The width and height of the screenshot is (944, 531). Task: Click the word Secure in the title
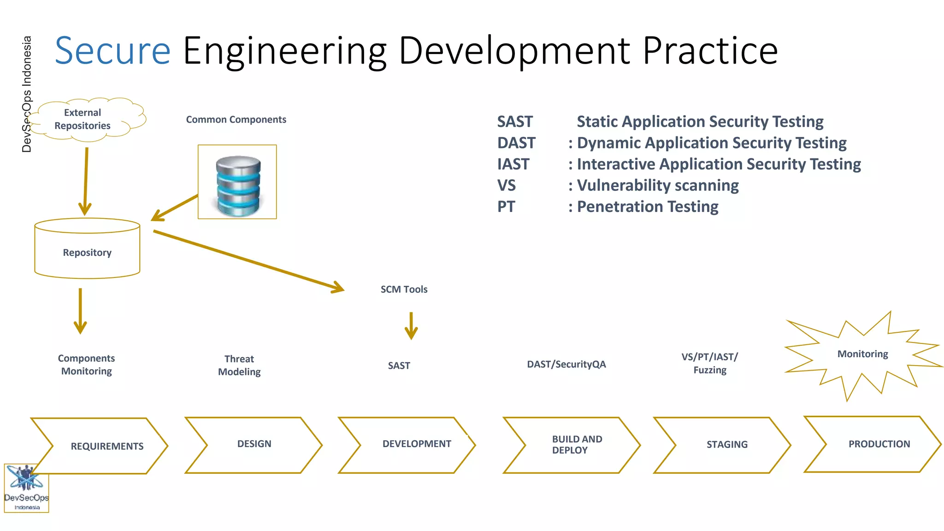click(112, 51)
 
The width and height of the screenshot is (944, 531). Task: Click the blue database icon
click(238, 184)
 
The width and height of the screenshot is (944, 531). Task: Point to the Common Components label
click(236, 120)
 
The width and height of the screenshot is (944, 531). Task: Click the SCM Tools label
click(404, 289)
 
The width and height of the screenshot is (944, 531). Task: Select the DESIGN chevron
click(254, 444)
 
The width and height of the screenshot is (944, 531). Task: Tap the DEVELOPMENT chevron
click(416, 444)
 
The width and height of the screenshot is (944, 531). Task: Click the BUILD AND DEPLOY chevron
click(576, 445)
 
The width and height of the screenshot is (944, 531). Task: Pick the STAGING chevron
click(726, 445)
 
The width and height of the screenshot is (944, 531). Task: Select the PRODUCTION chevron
click(879, 444)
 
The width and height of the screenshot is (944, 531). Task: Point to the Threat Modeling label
click(239, 365)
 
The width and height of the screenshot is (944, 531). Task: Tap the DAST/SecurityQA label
click(566, 365)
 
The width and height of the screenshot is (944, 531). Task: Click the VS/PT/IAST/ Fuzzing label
click(709, 363)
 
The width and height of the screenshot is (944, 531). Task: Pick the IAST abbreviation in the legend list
click(513, 164)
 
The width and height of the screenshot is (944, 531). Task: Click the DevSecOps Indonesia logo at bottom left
click(26, 488)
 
